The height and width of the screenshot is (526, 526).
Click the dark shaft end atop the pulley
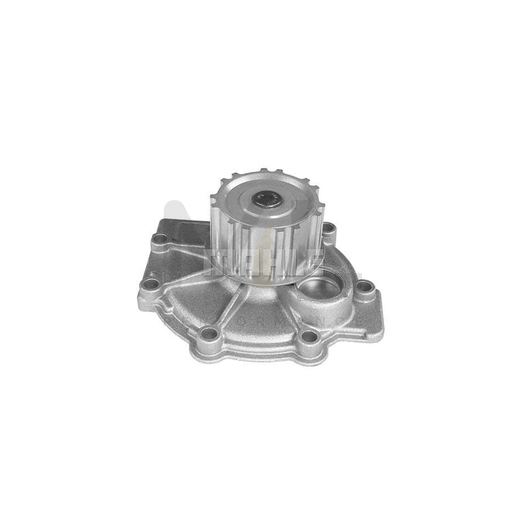point(267,200)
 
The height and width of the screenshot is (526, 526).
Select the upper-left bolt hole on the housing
point(159,238)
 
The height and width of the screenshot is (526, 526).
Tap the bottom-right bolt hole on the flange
point(308,336)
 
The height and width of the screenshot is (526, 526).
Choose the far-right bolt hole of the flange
point(365,286)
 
